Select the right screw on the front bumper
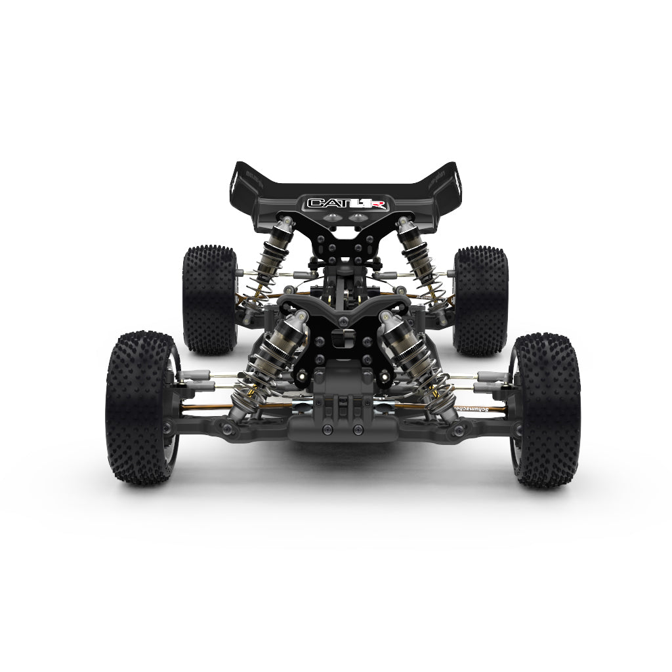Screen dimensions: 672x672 tap(358, 430)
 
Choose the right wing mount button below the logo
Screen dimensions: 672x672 tap(359, 217)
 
